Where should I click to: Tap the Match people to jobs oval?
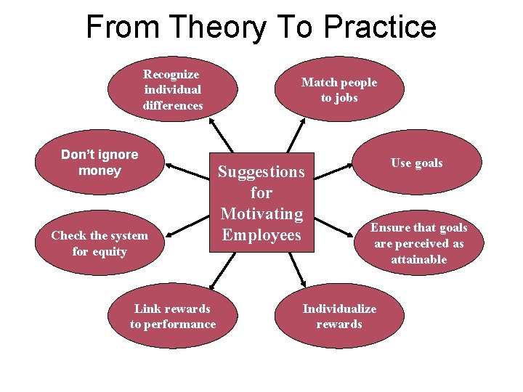339,89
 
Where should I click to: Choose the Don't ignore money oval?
100,163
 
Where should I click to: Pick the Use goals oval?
417,163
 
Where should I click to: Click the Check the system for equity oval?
100,243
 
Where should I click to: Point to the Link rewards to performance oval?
173,317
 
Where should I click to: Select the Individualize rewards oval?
339,317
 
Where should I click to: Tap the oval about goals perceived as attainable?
419,243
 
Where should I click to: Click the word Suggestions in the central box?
261,172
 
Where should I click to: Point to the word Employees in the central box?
261,235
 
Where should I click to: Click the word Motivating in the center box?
261,214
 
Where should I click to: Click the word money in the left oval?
100,171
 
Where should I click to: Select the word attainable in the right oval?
418,259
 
